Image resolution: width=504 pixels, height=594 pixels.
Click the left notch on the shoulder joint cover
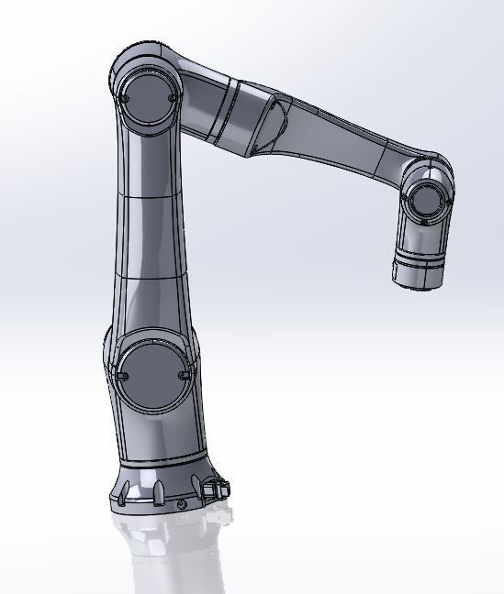(x=120, y=371)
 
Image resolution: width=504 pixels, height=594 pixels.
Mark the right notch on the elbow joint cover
(x=173, y=95)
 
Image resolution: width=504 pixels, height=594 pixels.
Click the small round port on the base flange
(x=182, y=504)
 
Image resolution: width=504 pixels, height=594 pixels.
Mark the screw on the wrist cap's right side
(x=445, y=204)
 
